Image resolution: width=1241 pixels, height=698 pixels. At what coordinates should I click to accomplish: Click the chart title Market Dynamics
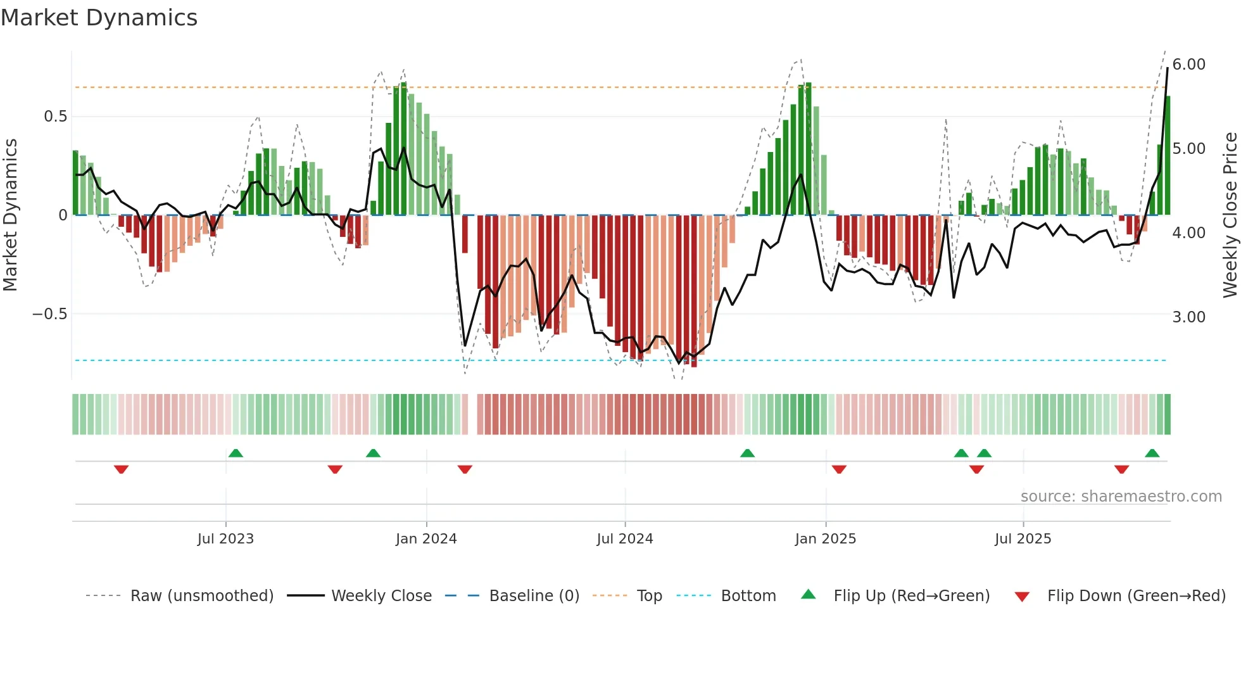click(x=99, y=18)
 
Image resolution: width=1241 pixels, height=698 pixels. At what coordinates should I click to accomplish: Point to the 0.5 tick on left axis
click(x=56, y=117)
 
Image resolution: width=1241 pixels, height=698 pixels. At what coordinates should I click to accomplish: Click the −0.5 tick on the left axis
click(x=50, y=314)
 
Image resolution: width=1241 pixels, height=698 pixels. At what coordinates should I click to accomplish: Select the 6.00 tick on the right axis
click(x=1188, y=65)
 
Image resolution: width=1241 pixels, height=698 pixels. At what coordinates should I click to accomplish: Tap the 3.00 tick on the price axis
click(x=1188, y=317)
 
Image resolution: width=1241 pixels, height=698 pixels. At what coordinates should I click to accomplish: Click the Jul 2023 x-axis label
click(x=225, y=539)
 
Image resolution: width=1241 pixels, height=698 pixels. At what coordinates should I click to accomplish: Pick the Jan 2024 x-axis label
click(x=426, y=539)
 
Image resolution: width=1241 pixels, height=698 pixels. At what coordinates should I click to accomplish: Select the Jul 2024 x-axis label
click(x=624, y=539)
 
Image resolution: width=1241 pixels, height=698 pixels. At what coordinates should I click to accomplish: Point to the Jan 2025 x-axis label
click(x=825, y=539)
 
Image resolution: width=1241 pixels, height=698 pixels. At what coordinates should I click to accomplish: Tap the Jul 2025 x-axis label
click(x=1023, y=539)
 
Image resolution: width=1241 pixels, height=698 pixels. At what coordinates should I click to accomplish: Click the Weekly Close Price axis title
click(x=1230, y=215)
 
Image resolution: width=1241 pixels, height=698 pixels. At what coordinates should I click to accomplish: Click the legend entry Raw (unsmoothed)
click(x=201, y=596)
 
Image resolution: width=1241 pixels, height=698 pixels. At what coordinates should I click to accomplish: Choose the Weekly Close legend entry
click(x=381, y=596)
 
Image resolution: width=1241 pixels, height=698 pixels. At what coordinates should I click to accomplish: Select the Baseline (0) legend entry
click(x=534, y=596)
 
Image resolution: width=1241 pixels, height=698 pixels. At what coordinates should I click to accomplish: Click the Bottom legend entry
click(x=748, y=596)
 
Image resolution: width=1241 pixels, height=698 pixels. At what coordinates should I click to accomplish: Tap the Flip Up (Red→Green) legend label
click(x=911, y=596)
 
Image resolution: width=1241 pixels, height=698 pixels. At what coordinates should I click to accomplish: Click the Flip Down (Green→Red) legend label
click(x=1136, y=596)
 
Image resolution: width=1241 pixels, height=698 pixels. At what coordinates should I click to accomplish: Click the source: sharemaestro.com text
click(x=1121, y=497)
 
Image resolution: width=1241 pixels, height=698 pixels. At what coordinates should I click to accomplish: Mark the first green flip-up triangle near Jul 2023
click(x=236, y=454)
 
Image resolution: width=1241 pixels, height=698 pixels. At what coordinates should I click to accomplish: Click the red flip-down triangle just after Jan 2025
click(x=839, y=469)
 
